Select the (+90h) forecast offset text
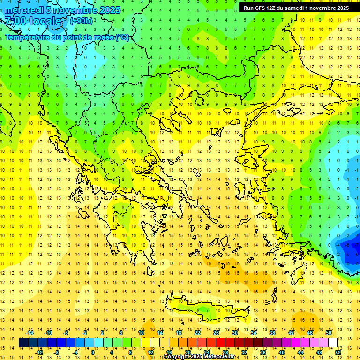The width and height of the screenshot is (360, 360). click(x=81, y=21)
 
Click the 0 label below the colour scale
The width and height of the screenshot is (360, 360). click(x=93, y=352)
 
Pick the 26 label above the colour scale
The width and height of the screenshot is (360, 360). click(x=216, y=333)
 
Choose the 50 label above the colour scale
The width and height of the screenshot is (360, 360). click(x=329, y=333)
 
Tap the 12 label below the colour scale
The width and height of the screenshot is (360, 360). click(x=150, y=352)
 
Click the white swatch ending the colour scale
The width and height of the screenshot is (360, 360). click(x=333, y=343)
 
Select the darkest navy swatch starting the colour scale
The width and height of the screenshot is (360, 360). click(x=23, y=343)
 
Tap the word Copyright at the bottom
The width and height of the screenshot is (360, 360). click(x=177, y=357)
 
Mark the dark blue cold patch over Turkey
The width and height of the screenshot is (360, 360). click(x=352, y=248)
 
